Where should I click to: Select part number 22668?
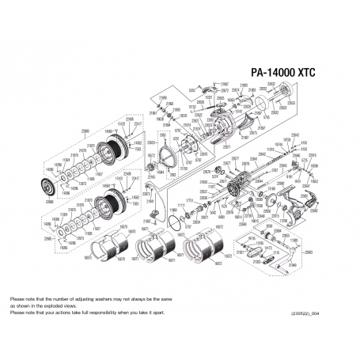pos(49,202)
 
